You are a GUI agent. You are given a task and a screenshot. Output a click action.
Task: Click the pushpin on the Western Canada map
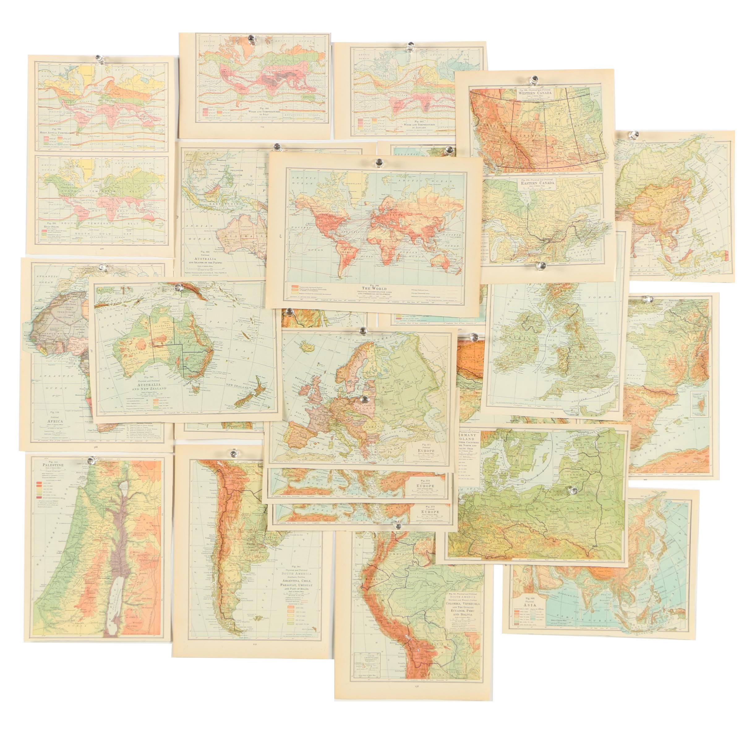click(532, 81)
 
